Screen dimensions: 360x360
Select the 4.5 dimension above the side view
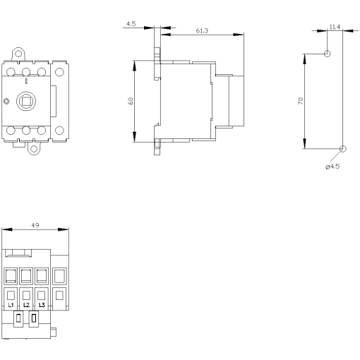tap(131, 23)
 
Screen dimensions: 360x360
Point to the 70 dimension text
tap(300, 101)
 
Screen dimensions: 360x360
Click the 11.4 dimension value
tap(335, 27)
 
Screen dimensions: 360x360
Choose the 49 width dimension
tap(35, 225)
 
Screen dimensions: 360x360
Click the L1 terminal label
tap(12, 304)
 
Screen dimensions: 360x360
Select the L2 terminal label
tap(27, 304)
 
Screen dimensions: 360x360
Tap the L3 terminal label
tap(42, 304)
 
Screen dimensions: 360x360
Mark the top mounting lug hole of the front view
tap(20, 52)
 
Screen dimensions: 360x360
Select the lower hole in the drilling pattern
tap(343, 148)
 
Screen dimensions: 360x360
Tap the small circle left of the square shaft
tap(7, 102)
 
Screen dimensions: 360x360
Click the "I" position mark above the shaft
tap(26, 84)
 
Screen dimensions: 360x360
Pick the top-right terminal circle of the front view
tap(59, 71)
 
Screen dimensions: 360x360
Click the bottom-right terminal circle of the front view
tap(59, 130)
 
